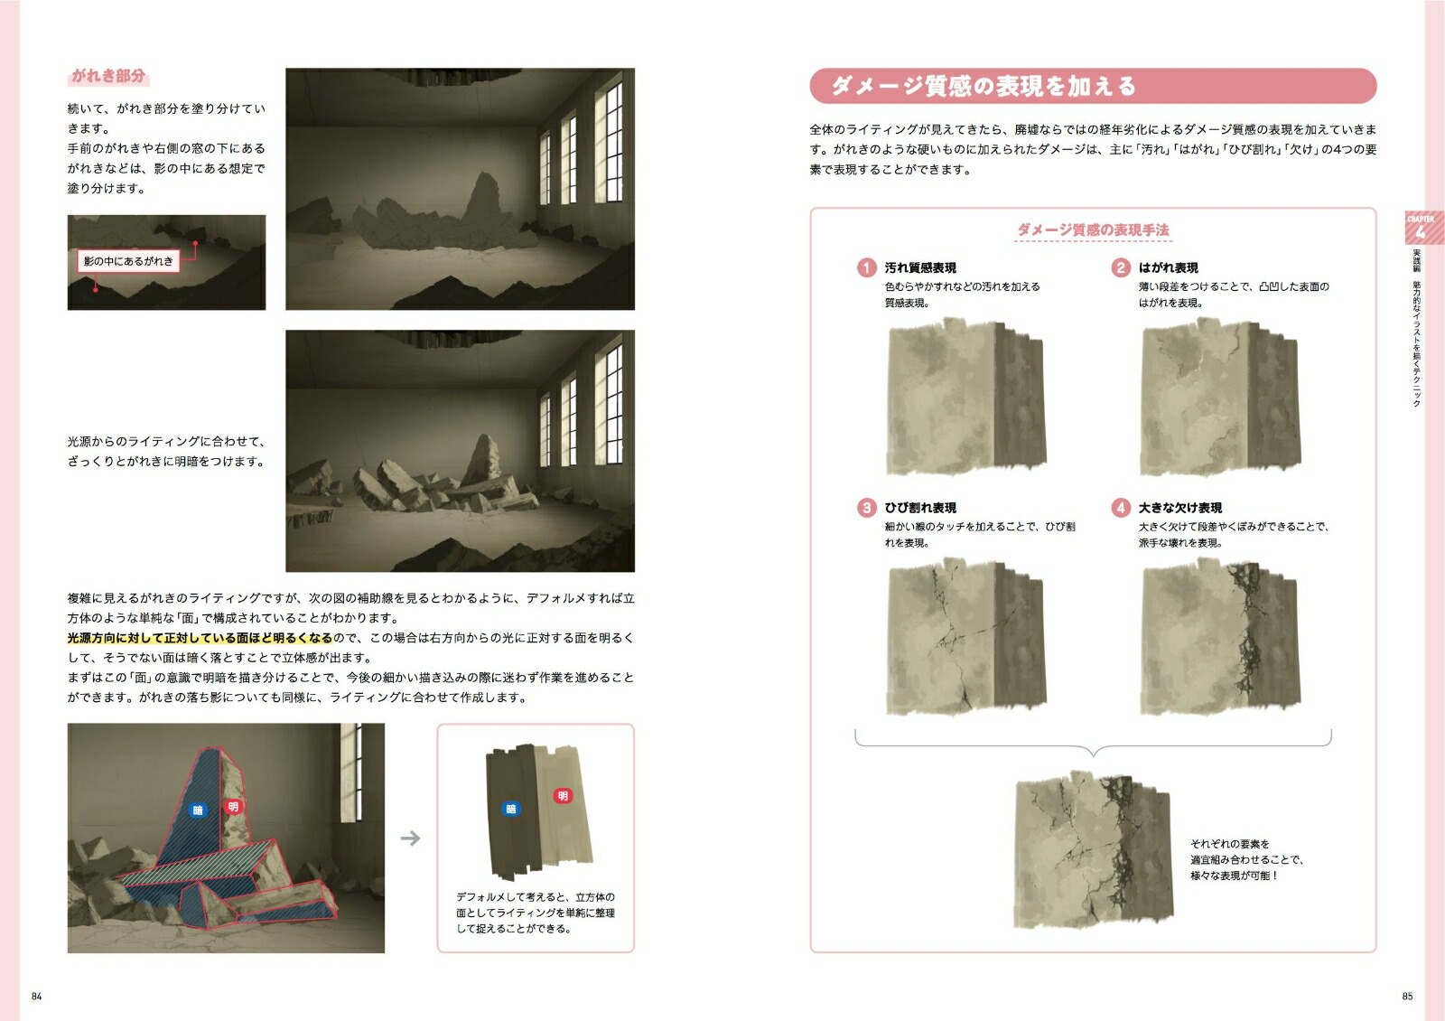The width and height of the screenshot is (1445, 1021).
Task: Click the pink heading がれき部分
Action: click(108, 76)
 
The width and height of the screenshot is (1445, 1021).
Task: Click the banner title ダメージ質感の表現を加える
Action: click(984, 86)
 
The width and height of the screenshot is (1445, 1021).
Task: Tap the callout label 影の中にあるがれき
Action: click(128, 261)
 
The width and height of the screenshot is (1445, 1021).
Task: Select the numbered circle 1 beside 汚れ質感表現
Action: click(866, 267)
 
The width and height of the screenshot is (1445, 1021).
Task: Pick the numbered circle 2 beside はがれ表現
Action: click(1121, 267)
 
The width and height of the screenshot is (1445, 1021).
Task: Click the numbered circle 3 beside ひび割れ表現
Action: click(866, 507)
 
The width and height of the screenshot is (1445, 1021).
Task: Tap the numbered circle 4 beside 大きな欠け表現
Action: click(1121, 507)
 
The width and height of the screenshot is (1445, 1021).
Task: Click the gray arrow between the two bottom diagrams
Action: click(410, 838)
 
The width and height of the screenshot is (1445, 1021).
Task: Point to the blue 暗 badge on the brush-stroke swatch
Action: click(511, 809)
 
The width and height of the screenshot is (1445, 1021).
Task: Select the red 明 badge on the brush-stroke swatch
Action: click(563, 796)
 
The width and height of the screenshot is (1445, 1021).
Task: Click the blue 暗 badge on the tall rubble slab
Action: click(198, 810)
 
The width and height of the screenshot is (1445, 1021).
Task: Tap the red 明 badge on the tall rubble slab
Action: click(234, 807)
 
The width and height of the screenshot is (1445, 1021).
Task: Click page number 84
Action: click(37, 997)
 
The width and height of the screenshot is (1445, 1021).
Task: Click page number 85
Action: click(1408, 997)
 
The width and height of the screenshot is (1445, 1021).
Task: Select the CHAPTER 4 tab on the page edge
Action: click(1422, 227)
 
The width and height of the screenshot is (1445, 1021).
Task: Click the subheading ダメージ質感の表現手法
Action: click(1093, 229)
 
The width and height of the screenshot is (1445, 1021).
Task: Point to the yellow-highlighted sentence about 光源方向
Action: click(200, 638)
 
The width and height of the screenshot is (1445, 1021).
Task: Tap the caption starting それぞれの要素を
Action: click(1247, 859)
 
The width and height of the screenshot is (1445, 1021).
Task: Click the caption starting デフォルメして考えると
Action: click(536, 913)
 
